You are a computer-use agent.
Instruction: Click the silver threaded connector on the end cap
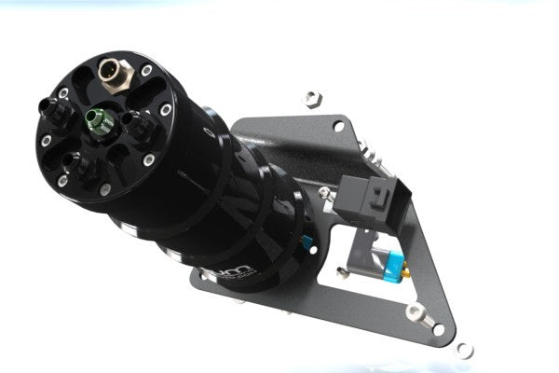pos(112,72)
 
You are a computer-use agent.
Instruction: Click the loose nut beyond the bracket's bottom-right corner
pos(464,351)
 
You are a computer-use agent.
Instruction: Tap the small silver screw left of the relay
pos(325,194)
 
